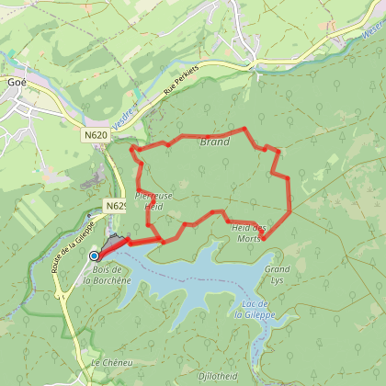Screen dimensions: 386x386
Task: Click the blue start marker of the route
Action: point(94,255)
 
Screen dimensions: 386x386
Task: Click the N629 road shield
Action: point(114,206)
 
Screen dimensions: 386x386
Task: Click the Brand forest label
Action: point(214,142)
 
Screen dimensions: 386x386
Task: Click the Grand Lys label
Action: point(277,273)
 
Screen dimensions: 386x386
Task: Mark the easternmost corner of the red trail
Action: point(290,210)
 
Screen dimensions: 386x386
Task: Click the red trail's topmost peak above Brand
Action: point(245,129)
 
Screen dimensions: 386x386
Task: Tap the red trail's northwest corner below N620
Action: point(133,147)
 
